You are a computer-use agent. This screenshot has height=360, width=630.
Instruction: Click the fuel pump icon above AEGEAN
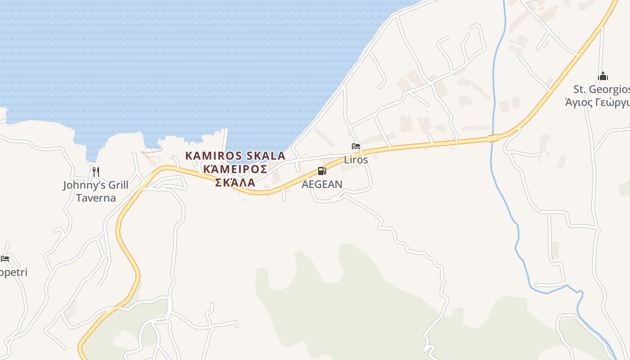click(322, 171)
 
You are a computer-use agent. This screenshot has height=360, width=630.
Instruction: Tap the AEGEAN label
click(322, 184)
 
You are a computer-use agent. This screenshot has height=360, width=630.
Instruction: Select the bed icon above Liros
click(355, 146)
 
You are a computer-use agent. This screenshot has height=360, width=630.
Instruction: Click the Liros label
click(356, 159)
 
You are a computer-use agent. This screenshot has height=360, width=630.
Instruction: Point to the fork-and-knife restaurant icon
click(95, 171)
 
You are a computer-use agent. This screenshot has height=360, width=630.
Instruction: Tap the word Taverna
click(95, 198)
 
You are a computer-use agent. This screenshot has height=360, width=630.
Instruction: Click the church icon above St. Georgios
click(603, 76)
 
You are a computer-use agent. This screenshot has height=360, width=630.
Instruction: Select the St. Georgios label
click(601, 89)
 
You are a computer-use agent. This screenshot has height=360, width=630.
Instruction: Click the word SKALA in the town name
click(264, 156)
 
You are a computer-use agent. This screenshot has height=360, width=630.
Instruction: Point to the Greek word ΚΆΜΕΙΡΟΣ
click(235, 169)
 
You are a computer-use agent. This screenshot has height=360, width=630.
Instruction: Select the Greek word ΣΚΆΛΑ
click(235, 182)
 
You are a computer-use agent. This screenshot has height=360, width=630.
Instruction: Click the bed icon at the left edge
click(5, 259)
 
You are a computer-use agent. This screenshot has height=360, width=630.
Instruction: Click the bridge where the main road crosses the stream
click(494, 138)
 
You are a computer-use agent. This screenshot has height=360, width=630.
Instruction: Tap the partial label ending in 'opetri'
click(13, 272)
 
